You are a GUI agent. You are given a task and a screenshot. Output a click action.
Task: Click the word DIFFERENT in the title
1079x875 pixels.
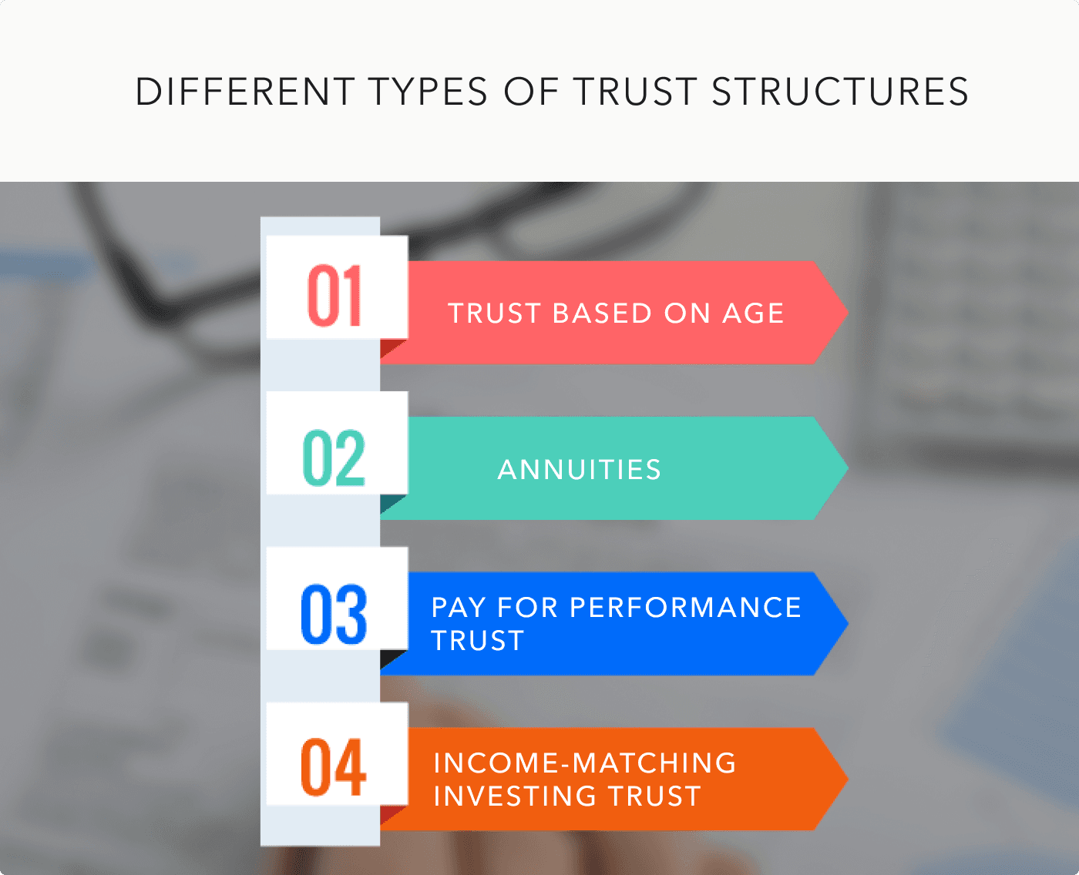(x=245, y=92)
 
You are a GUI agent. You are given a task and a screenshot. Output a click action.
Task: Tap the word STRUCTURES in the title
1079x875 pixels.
(x=840, y=92)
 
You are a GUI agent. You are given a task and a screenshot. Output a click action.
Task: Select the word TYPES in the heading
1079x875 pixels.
(x=429, y=92)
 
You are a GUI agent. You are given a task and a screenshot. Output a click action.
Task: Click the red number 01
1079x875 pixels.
(x=334, y=296)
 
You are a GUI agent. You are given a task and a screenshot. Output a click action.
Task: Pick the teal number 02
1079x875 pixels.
(x=334, y=458)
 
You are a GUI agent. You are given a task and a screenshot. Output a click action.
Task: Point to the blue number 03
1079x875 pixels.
(x=334, y=614)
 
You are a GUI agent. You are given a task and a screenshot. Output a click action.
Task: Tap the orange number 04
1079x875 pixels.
(x=333, y=766)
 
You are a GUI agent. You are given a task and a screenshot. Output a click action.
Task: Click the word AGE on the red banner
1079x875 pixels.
(x=753, y=313)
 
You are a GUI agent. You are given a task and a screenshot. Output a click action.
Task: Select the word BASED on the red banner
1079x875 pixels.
(x=602, y=313)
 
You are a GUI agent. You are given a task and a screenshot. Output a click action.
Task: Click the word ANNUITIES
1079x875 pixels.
(x=580, y=469)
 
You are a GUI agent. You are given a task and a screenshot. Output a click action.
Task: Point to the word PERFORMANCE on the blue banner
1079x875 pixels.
(x=685, y=607)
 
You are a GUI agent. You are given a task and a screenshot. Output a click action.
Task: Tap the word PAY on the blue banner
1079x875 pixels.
(x=459, y=607)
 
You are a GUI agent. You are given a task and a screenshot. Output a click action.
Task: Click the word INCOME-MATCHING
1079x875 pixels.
(x=585, y=763)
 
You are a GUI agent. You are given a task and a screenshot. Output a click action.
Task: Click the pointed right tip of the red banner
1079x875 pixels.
(x=848, y=312)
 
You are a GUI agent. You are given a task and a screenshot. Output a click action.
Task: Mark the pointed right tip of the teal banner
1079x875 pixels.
(x=848, y=468)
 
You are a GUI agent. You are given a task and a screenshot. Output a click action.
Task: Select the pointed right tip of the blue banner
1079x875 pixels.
(x=848, y=623)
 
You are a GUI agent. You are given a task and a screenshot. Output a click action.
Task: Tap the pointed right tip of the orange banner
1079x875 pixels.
(x=848, y=779)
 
